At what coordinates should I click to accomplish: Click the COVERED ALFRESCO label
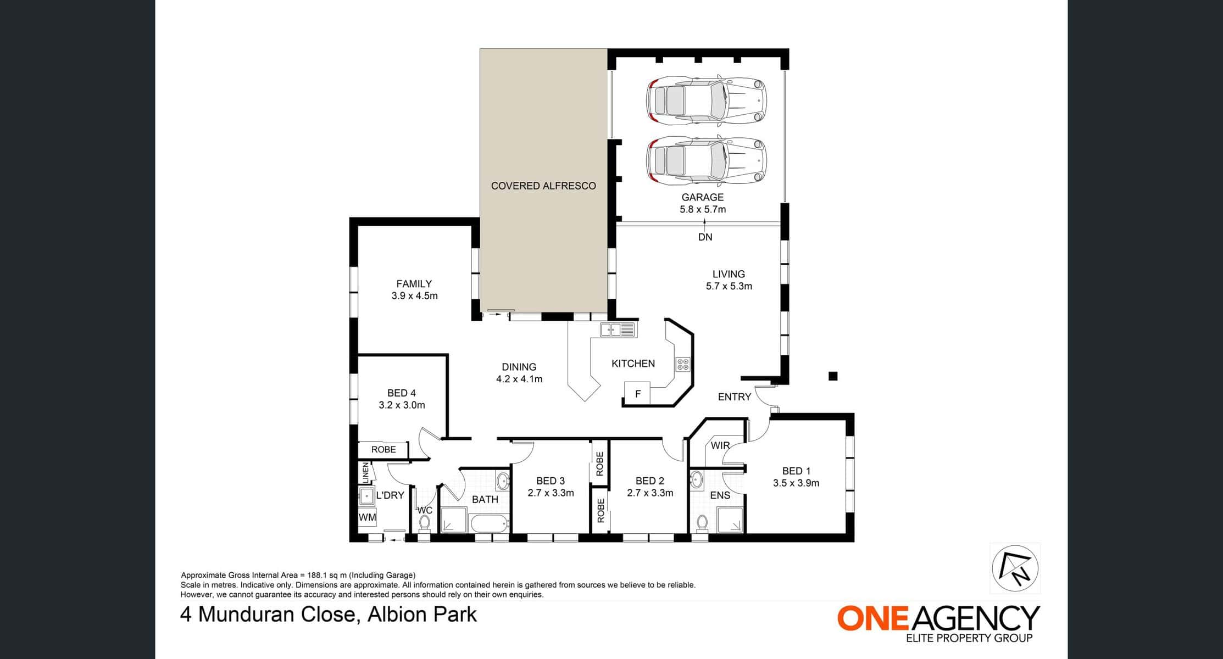point(543,186)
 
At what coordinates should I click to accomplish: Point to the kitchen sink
point(618,329)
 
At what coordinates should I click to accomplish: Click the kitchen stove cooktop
point(683,365)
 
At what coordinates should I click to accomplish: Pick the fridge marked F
point(637,394)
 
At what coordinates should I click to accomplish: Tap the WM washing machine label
point(368,517)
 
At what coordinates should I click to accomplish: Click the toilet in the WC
point(424,523)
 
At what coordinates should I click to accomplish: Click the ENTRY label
point(735,397)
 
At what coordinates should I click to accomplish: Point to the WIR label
point(720,445)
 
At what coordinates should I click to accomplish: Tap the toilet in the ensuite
point(702,523)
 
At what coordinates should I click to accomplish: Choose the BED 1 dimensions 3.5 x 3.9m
point(796,483)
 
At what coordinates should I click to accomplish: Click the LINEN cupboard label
point(365,472)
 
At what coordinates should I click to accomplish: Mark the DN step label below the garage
point(705,237)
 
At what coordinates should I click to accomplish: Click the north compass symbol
point(1015,568)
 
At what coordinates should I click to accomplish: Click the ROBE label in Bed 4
point(383,450)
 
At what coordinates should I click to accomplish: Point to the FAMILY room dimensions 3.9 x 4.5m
point(414,296)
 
